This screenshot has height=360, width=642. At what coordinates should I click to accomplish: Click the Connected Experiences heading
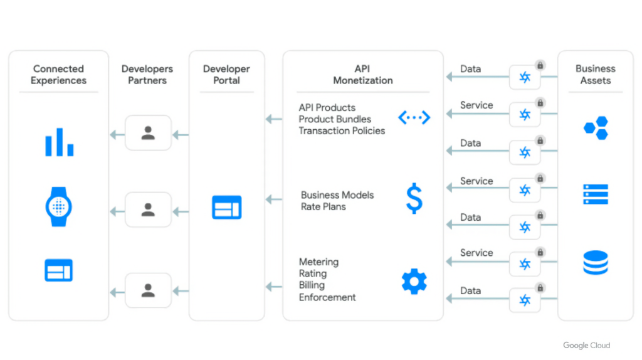58,75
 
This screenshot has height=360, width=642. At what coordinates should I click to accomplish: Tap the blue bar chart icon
59,142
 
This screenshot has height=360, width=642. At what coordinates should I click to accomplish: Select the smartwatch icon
59,206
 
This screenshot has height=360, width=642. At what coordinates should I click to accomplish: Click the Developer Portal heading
226,75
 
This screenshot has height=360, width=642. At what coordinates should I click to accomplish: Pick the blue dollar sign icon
414,199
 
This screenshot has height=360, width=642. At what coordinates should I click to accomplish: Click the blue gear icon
414,282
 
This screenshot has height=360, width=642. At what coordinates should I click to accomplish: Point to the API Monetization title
363,75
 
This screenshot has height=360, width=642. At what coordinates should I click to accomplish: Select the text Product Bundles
335,119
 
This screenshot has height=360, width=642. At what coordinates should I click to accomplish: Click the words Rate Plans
323,206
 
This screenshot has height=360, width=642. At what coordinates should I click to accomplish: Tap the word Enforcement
327,297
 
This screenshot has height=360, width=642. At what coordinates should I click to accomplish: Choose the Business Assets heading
595,75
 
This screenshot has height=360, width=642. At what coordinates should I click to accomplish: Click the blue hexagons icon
595,128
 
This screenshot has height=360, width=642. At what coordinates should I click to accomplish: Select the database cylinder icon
595,263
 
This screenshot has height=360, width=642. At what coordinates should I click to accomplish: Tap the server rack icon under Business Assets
595,194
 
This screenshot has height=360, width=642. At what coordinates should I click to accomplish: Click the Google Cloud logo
586,346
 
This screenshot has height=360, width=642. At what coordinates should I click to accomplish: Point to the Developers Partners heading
147,75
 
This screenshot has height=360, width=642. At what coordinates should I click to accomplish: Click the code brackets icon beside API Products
414,117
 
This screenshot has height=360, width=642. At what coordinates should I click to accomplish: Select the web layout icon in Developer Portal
226,207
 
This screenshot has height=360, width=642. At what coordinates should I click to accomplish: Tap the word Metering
318,262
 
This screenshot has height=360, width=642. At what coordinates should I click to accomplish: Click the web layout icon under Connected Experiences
59,270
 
